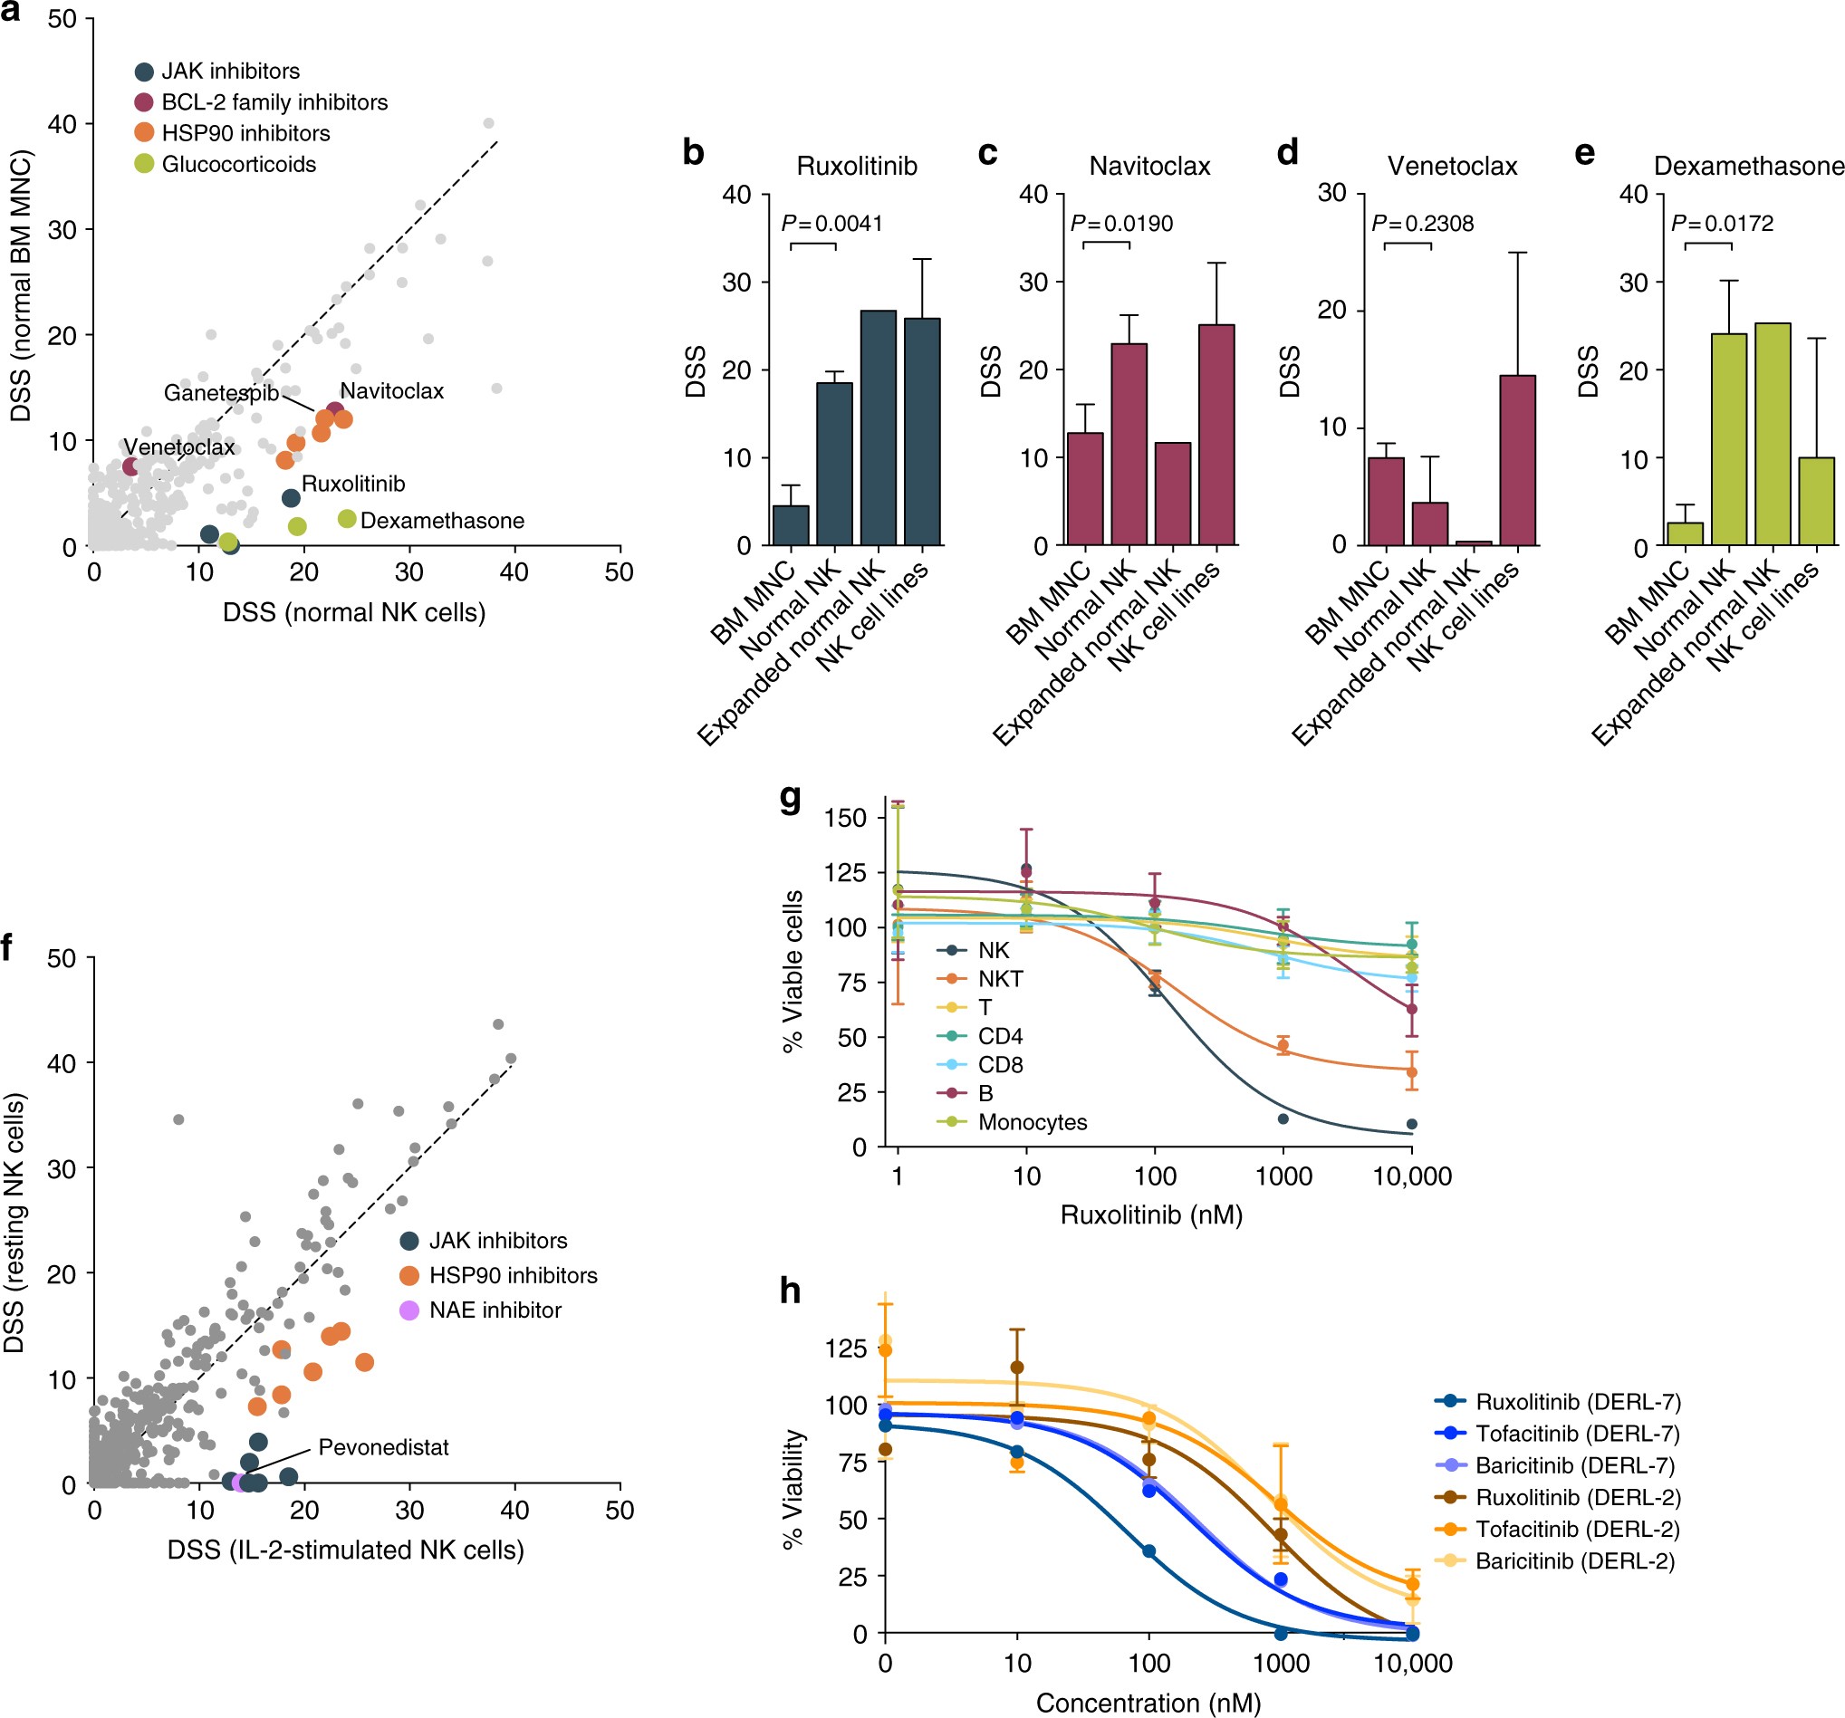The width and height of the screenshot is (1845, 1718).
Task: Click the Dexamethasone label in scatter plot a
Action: click(x=442, y=521)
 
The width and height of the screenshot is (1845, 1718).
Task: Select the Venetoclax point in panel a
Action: click(x=130, y=465)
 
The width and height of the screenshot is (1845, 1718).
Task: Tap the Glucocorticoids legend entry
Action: click(x=238, y=164)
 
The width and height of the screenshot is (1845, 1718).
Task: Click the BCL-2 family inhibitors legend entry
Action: click(x=274, y=102)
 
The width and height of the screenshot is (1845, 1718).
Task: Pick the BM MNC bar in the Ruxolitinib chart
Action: click(x=791, y=524)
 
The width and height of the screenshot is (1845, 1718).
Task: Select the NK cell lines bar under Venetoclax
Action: click(x=1517, y=459)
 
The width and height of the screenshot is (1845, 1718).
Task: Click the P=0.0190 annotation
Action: click(x=1121, y=224)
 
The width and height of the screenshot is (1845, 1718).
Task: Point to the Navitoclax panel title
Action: click(x=1149, y=166)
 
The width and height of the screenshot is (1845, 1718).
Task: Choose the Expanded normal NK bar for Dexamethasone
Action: click(x=1773, y=435)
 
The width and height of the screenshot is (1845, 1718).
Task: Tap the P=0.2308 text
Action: click(x=1422, y=224)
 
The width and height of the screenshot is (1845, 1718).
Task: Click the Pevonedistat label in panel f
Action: click(x=383, y=1447)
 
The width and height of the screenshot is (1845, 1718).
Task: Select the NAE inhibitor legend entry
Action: click(x=495, y=1310)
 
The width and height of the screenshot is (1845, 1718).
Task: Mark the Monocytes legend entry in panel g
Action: click(x=1032, y=1122)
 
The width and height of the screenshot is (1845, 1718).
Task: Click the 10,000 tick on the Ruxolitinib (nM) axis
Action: click(x=1411, y=1177)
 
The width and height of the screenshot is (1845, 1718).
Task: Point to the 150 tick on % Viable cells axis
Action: click(x=844, y=818)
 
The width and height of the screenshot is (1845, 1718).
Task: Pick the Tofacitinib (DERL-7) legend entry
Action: click(x=1577, y=1433)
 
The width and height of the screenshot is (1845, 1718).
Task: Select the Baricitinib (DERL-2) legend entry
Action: click(x=1575, y=1561)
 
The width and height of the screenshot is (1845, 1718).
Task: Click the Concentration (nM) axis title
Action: click(x=1148, y=1704)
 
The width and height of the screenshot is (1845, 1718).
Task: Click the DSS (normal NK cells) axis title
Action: click(x=353, y=612)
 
